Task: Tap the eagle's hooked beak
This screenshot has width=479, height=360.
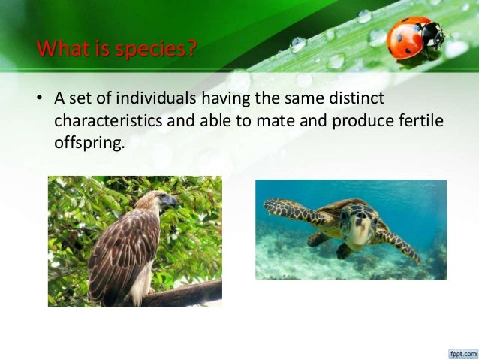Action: click(x=173, y=202)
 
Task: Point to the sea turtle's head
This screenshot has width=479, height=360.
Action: click(x=358, y=226)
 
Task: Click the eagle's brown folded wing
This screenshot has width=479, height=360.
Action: click(x=120, y=248)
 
